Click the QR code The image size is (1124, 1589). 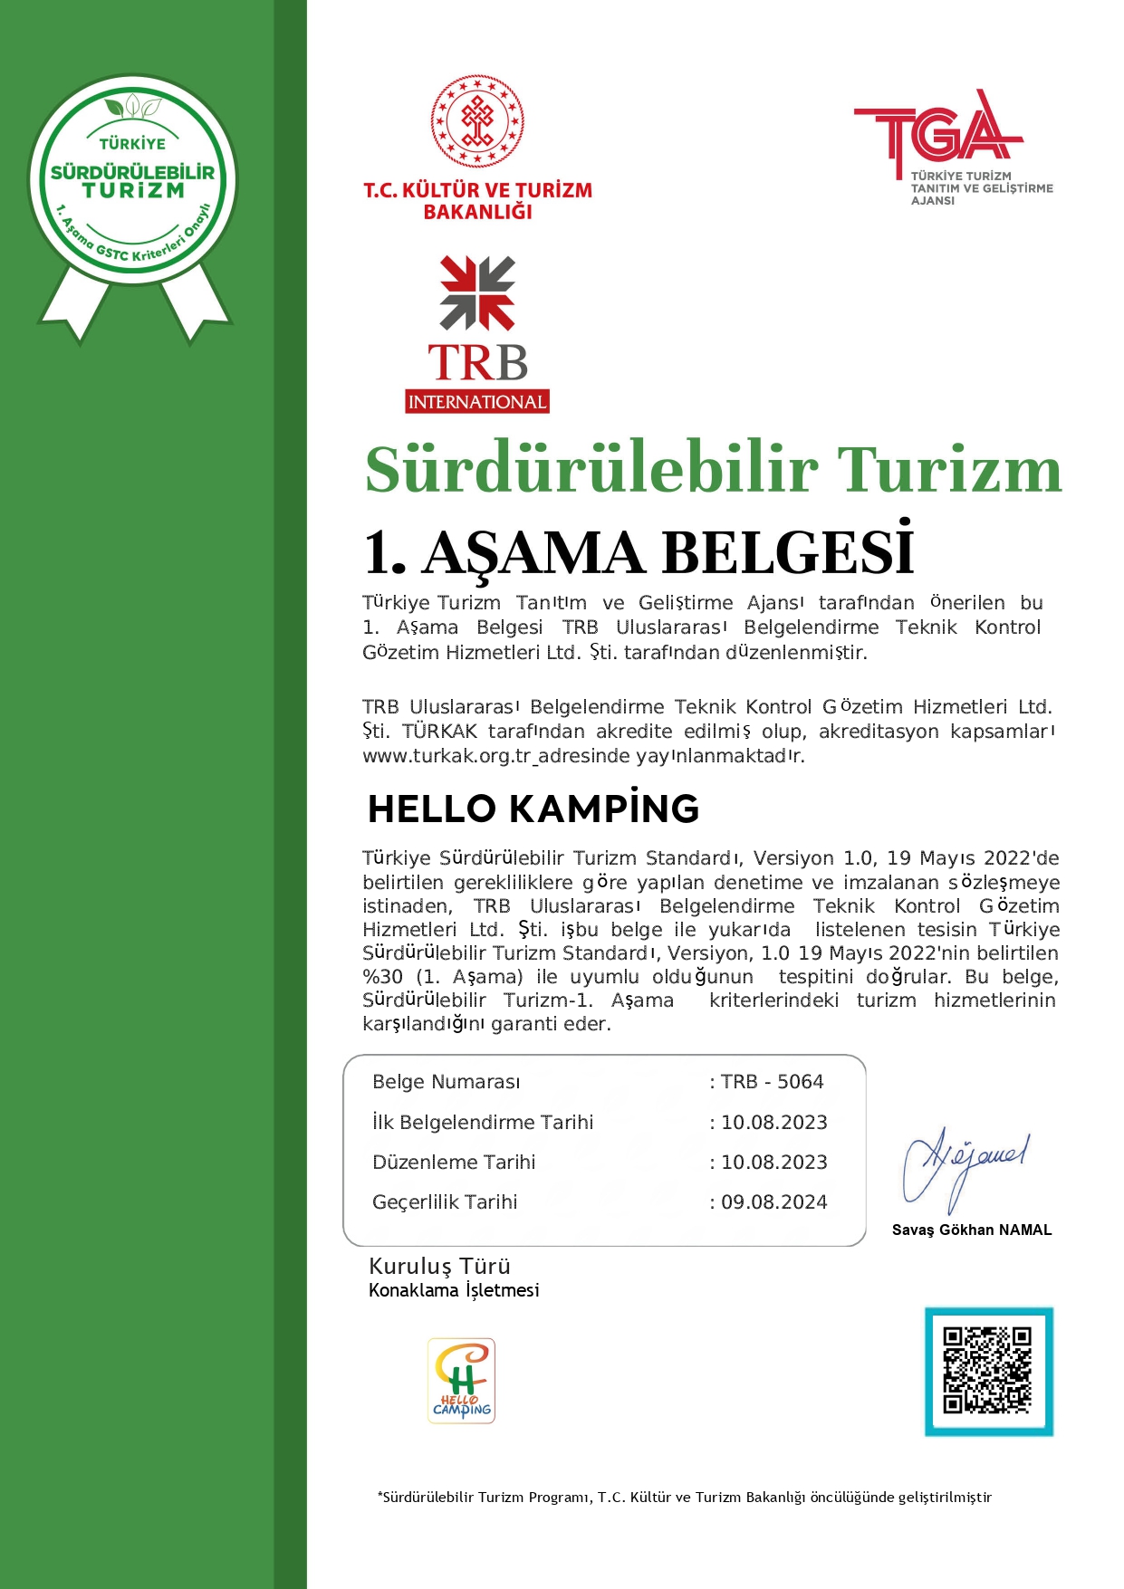coord(988,1371)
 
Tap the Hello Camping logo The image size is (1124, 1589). coord(461,1381)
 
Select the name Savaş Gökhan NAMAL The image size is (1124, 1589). coord(972,1230)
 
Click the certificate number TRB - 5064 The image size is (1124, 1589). coord(772,1082)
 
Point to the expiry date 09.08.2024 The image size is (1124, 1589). coord(773,1202)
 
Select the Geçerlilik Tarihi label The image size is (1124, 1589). coord(445,1202)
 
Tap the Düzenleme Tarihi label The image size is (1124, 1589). coord(454,1163)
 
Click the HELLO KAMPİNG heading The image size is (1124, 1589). coord(533,809)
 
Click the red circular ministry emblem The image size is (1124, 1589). coord(477,121)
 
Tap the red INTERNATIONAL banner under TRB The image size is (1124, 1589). coord(477,402)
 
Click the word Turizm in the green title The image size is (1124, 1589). coord(948,470)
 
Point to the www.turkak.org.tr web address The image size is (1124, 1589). coord(446,756)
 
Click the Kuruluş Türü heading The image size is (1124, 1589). coord(439,1266)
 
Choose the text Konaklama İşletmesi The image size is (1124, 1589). coord(454,1290)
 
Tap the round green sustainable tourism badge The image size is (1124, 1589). coord(133,179)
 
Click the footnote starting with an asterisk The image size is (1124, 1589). coord(684,1498)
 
